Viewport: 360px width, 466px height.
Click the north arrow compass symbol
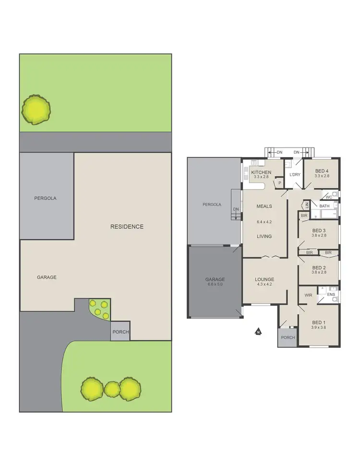pos(258,331)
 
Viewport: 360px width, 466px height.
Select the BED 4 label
pos(322,171)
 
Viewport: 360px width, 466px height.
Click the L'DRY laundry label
pos(295,174)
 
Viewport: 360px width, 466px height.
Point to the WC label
pos(329,197)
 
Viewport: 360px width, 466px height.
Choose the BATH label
pos(324,206)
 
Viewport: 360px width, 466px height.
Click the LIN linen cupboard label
pos(306,205)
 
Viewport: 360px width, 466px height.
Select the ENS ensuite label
pos(331,294)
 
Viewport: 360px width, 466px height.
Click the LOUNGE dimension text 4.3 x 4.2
pos(264,284)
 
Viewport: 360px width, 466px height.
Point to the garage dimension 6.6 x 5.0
pos(215,284)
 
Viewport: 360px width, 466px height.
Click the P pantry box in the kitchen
pos(279,183)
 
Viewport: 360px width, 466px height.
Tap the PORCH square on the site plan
pos(120,332)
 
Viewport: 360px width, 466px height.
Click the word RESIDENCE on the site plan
pos(127,227)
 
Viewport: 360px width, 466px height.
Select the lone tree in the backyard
pos(36,110)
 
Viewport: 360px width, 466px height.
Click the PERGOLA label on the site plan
pos(45,198)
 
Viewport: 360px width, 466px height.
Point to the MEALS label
pos(264,207)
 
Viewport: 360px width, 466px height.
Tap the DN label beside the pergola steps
pos(236,209)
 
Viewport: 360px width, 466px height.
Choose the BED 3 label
pos(319,230)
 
